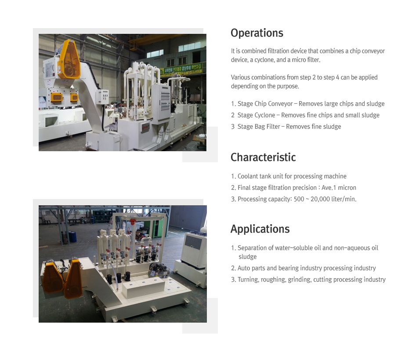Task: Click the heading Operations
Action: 257,33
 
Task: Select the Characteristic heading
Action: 263,157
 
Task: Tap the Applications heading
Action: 260,229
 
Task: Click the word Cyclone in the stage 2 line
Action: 265,115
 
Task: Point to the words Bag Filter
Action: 267,127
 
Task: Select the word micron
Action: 347,188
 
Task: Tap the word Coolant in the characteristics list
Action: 247,176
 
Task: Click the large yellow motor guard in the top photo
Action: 69,59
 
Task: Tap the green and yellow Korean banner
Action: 181,69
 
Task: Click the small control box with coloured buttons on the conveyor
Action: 103,97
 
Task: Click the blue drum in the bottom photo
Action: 72,237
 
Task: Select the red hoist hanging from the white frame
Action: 132,222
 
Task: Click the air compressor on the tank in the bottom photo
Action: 159,269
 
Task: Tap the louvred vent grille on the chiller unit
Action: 193,242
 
